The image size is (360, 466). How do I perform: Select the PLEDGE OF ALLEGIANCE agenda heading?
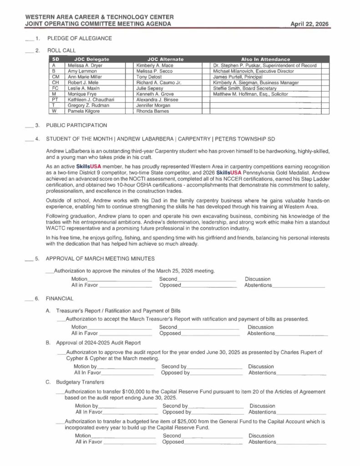(x=80, y=39)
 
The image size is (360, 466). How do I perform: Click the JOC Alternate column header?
(x=165, y=59)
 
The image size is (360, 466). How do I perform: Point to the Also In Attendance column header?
(x=265, y=59)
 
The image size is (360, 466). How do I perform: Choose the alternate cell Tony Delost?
(x=149, y=77)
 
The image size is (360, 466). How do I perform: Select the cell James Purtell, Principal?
(x=238, y=77)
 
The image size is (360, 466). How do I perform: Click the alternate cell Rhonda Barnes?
(x=152, y=111)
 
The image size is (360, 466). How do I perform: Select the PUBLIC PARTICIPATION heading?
(x=77, y=125)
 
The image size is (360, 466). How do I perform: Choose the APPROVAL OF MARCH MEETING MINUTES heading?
(x=100, y=258)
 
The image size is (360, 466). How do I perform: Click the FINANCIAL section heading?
(x=60, y=299)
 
